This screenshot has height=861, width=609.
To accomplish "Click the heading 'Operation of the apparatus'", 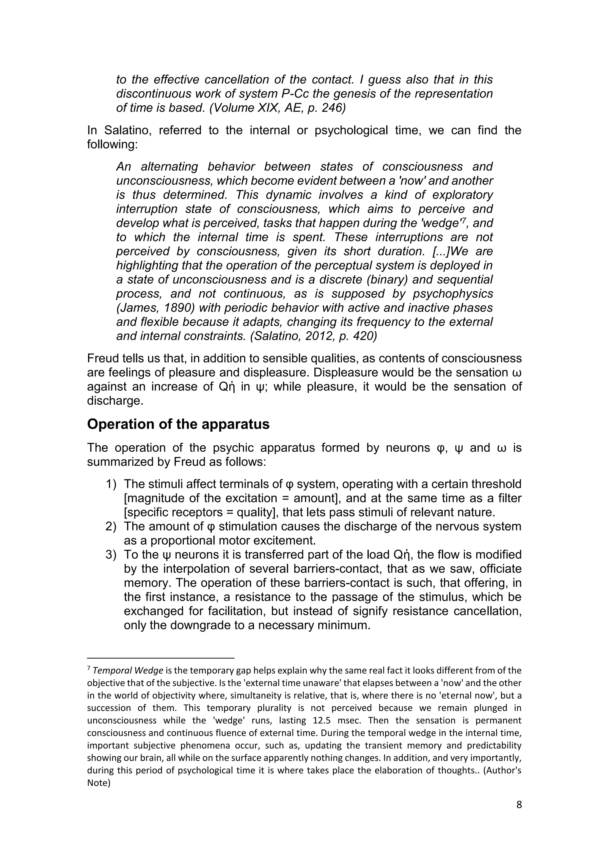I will tap(178, 424).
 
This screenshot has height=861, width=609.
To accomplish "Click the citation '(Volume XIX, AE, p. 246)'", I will tap(277, 108).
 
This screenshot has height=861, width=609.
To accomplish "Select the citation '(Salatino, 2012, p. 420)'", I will tap(313, 336).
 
